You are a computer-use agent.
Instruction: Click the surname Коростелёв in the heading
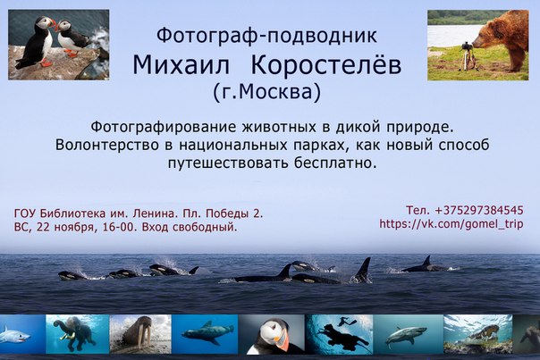coord(326,64)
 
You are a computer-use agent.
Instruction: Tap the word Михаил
coord(181,65)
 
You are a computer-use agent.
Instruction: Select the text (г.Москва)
coord(267,92)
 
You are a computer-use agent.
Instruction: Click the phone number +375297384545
coord(479,210)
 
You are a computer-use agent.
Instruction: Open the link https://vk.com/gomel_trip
coord(451,224)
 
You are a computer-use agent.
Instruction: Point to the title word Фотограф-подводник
coord(267,36)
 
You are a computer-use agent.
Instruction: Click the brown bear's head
coord(485,36)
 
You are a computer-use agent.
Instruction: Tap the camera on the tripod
coord(466,46)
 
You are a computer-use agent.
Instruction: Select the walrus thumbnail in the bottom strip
coord(140,334)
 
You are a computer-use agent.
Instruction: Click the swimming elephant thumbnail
coord(78,334)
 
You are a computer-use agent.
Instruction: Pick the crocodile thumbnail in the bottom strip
coord(477,334)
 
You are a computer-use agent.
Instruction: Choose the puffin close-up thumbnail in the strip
coord(272,334)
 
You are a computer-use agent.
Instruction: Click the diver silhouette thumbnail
coord(339,334)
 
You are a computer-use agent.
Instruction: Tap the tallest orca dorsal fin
coord(363,270)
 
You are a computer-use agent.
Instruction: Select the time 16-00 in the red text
coord(120,228)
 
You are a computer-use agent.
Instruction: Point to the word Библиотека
coord(72,213)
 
